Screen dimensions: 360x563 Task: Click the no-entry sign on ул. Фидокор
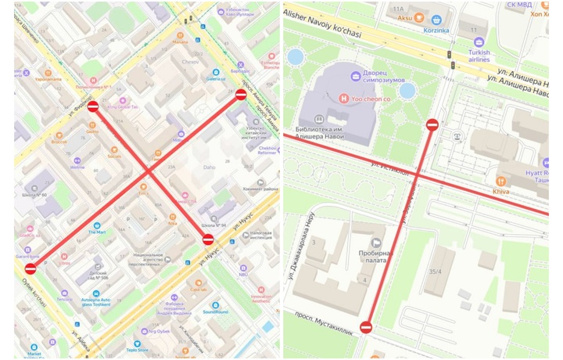pos(92,106)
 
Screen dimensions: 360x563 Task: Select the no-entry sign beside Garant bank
pos(30,268)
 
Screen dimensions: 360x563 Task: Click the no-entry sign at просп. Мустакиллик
pos(366,327)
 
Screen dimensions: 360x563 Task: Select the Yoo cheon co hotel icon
pos(343,99)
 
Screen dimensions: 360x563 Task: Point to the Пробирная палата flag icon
pos(377,243)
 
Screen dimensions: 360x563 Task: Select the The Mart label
pos(96,232)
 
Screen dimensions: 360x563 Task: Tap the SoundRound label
pos(215,311)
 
